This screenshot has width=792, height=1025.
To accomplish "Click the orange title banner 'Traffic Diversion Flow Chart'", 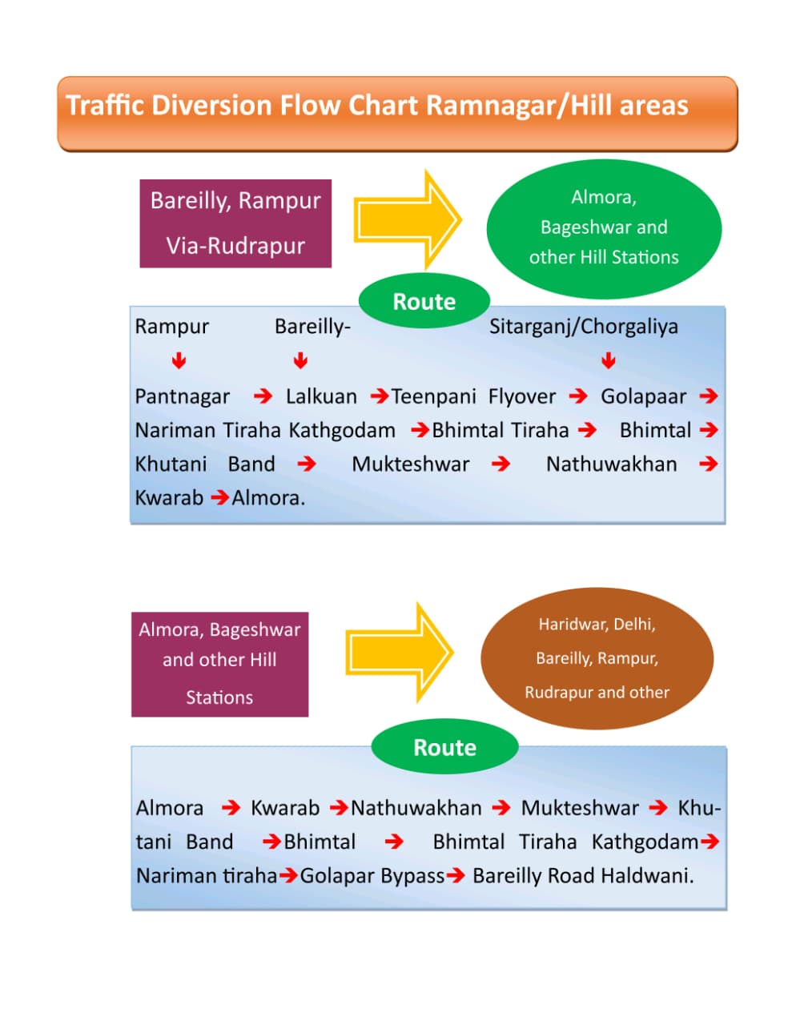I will point(396,113).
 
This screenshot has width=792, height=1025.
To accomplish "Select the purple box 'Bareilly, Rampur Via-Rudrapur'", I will point(235,223).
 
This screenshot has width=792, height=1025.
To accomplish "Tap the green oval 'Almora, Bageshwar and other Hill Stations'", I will point(604,227).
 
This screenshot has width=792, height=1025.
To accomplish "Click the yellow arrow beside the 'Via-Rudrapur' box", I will point(408,219).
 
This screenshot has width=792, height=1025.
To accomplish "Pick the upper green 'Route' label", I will point(424,302).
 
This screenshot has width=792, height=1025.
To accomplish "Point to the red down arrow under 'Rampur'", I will point(179,361).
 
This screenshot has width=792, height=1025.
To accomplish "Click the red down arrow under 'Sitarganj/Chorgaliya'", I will point(609,361).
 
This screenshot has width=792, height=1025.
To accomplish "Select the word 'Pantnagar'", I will point(182,396).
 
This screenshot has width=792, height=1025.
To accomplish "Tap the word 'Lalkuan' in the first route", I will point(321,396).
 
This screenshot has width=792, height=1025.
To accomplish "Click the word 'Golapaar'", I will point(643,396).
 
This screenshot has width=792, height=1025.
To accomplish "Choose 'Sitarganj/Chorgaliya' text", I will point(584,327).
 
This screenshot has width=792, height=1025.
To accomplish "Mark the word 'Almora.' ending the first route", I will point(268,498).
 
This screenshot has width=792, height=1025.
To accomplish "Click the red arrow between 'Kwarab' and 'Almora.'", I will point(219,498).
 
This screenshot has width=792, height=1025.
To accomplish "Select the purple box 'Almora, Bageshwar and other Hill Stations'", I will point(219,664).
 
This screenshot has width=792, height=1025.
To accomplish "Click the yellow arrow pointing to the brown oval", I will point(400,653).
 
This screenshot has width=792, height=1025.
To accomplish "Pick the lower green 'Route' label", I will point(444,748).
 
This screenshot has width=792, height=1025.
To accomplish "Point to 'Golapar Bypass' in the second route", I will point(372,876).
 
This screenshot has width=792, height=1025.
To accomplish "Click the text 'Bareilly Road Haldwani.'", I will point(583,876).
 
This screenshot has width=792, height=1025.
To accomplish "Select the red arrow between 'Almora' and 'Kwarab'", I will point(231,808).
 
